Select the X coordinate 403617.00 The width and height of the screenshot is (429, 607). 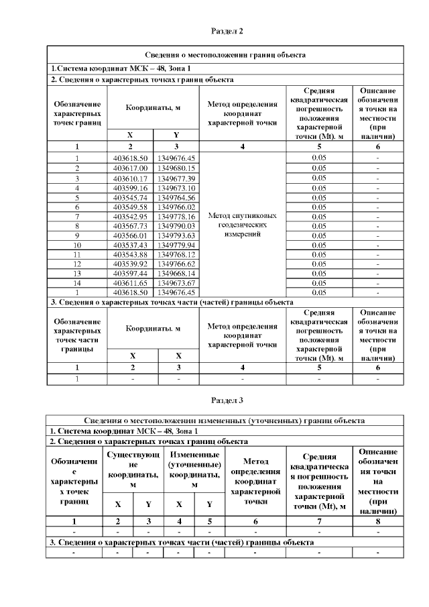(x=130, y=168)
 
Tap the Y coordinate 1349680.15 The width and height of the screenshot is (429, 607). (x=176, y=168)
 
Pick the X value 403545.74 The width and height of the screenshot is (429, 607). (x=130, y=198)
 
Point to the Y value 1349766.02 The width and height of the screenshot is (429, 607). (x=176, y=207)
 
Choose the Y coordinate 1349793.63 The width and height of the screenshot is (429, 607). (x=176, y=236)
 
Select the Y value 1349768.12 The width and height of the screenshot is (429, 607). (x=176, y=256)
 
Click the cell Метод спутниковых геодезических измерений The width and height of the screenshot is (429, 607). (x=243, y=225)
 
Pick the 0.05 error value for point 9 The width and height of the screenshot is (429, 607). (x=319, y=236)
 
